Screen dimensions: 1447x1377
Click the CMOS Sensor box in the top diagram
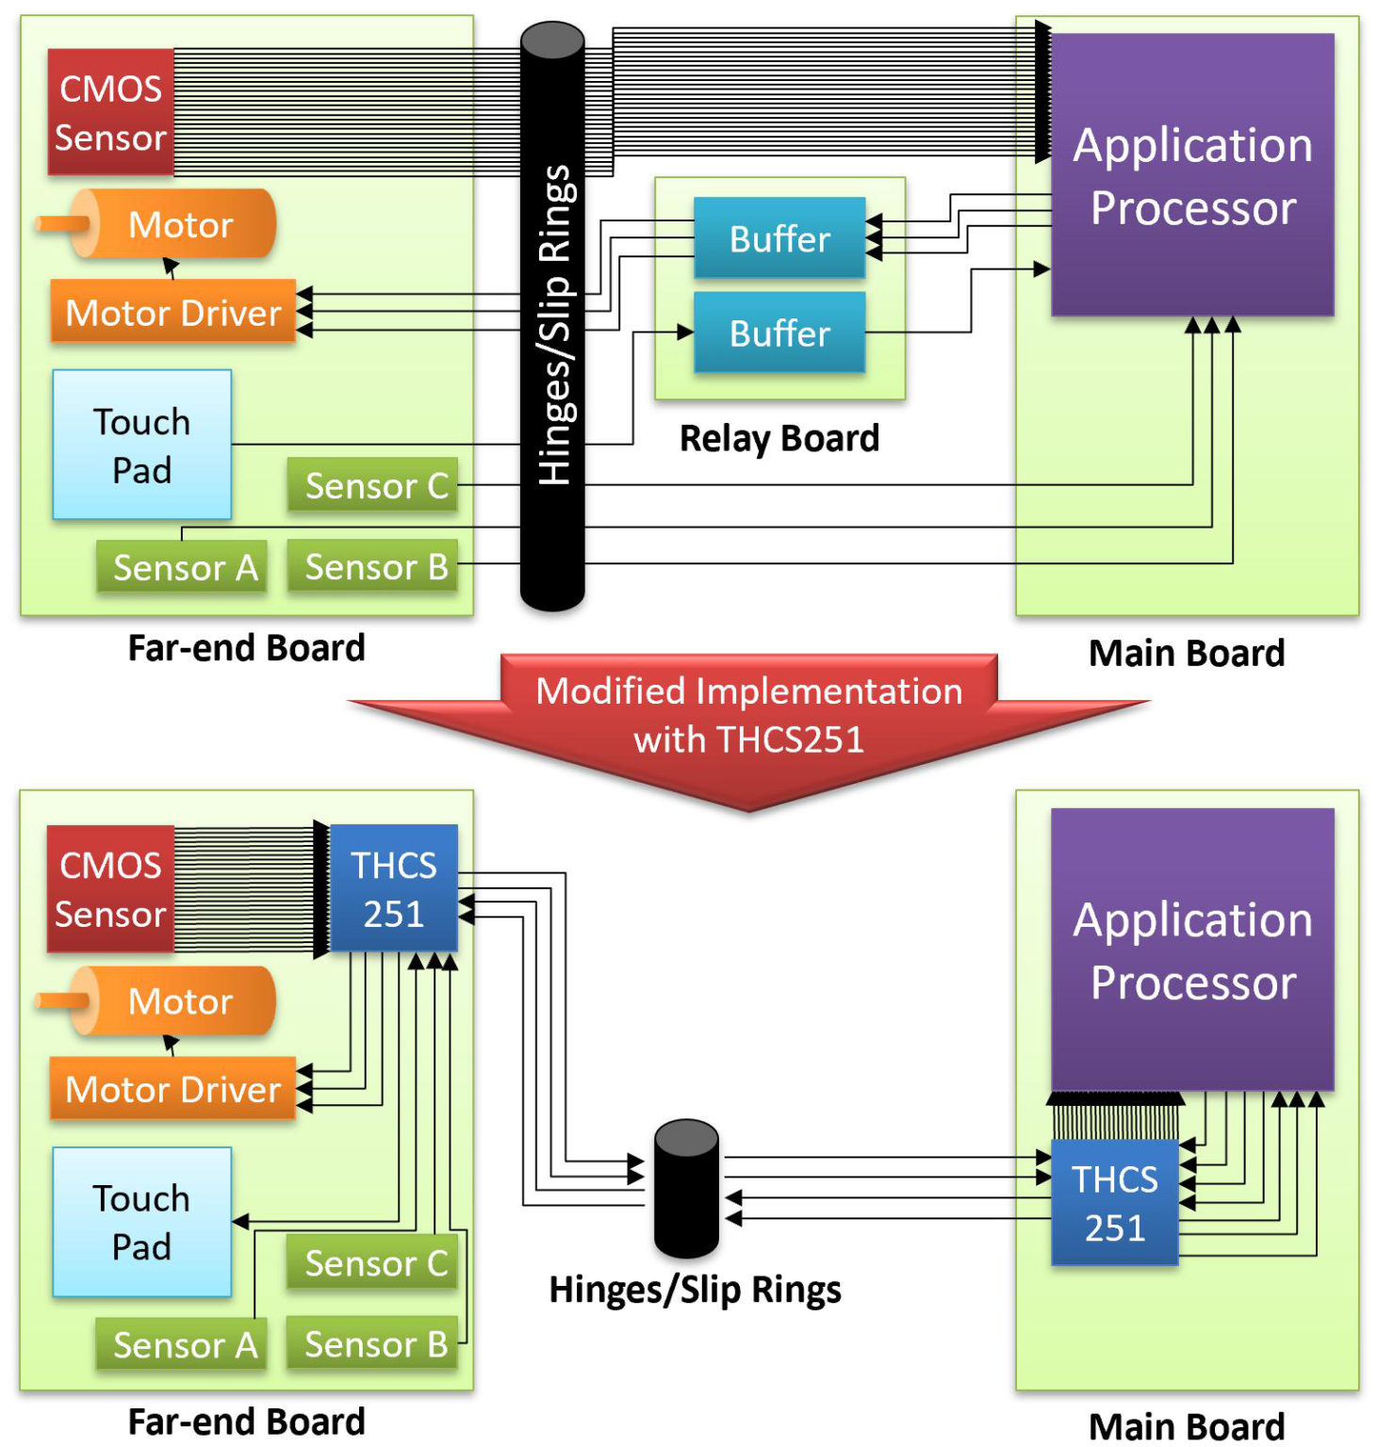(x=110, y=112)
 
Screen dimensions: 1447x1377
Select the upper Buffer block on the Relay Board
(x=779, y=237)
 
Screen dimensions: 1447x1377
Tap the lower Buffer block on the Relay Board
(x=779, y=333)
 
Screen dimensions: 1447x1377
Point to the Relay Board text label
(x=779, y=438)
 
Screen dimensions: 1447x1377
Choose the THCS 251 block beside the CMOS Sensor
(x=393, y=888)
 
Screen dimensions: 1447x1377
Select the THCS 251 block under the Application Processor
(x=1114, y=1202)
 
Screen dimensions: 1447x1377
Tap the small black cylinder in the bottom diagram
(x=686, y=1189)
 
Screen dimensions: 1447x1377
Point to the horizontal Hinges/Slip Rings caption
(x=695, y=1290)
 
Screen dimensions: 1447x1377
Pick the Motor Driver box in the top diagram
(x=172, y=312)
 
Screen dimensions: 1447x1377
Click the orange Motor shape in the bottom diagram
(x=174, y=1000)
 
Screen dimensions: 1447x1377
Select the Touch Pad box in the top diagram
(x=141, y=445)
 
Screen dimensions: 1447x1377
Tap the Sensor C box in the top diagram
(x=373, y=485)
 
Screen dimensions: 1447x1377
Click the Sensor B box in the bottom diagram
(x=373, y=1343)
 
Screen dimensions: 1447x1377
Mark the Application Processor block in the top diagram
(x=1192, y=175)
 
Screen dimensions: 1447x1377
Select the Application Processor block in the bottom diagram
(x=1192, y=950)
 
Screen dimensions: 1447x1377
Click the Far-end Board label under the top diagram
(x=246, y=648)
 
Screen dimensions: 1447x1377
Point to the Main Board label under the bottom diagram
(x=1186, y=1426)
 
